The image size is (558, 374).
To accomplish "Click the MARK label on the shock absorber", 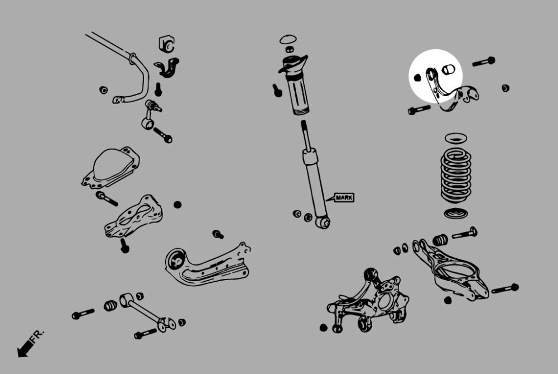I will (x=344, y=197).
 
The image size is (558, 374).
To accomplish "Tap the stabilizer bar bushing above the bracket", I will (x=166, y=44).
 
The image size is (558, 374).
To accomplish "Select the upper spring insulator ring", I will (x=456, y=138).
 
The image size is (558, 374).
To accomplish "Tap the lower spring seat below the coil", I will (x=456, y=212).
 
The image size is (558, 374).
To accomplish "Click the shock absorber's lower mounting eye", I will (x=323, y=222).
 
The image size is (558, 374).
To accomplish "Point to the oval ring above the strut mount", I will (x=287, y=40).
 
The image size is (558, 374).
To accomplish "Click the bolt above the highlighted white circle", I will (x=483, y=61).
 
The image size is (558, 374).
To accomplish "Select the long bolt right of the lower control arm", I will (x=505, y=289).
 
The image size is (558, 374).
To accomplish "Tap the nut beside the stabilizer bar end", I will (x=103, y=89).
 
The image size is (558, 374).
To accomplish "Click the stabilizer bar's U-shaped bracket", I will (x=166, y=67).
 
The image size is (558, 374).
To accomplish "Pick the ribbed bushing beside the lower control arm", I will (x=441, y=239).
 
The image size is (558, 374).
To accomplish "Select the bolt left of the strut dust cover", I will (x=277, y=90).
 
